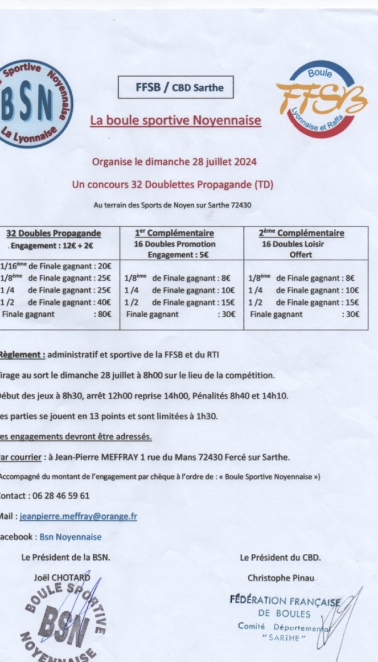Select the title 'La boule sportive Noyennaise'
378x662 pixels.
[x=175, y=120]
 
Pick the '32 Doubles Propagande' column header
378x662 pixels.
[x=54, y=233]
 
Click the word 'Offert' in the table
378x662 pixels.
[x=301, y=255]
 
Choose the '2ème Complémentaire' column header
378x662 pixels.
[x=301, y=233]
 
